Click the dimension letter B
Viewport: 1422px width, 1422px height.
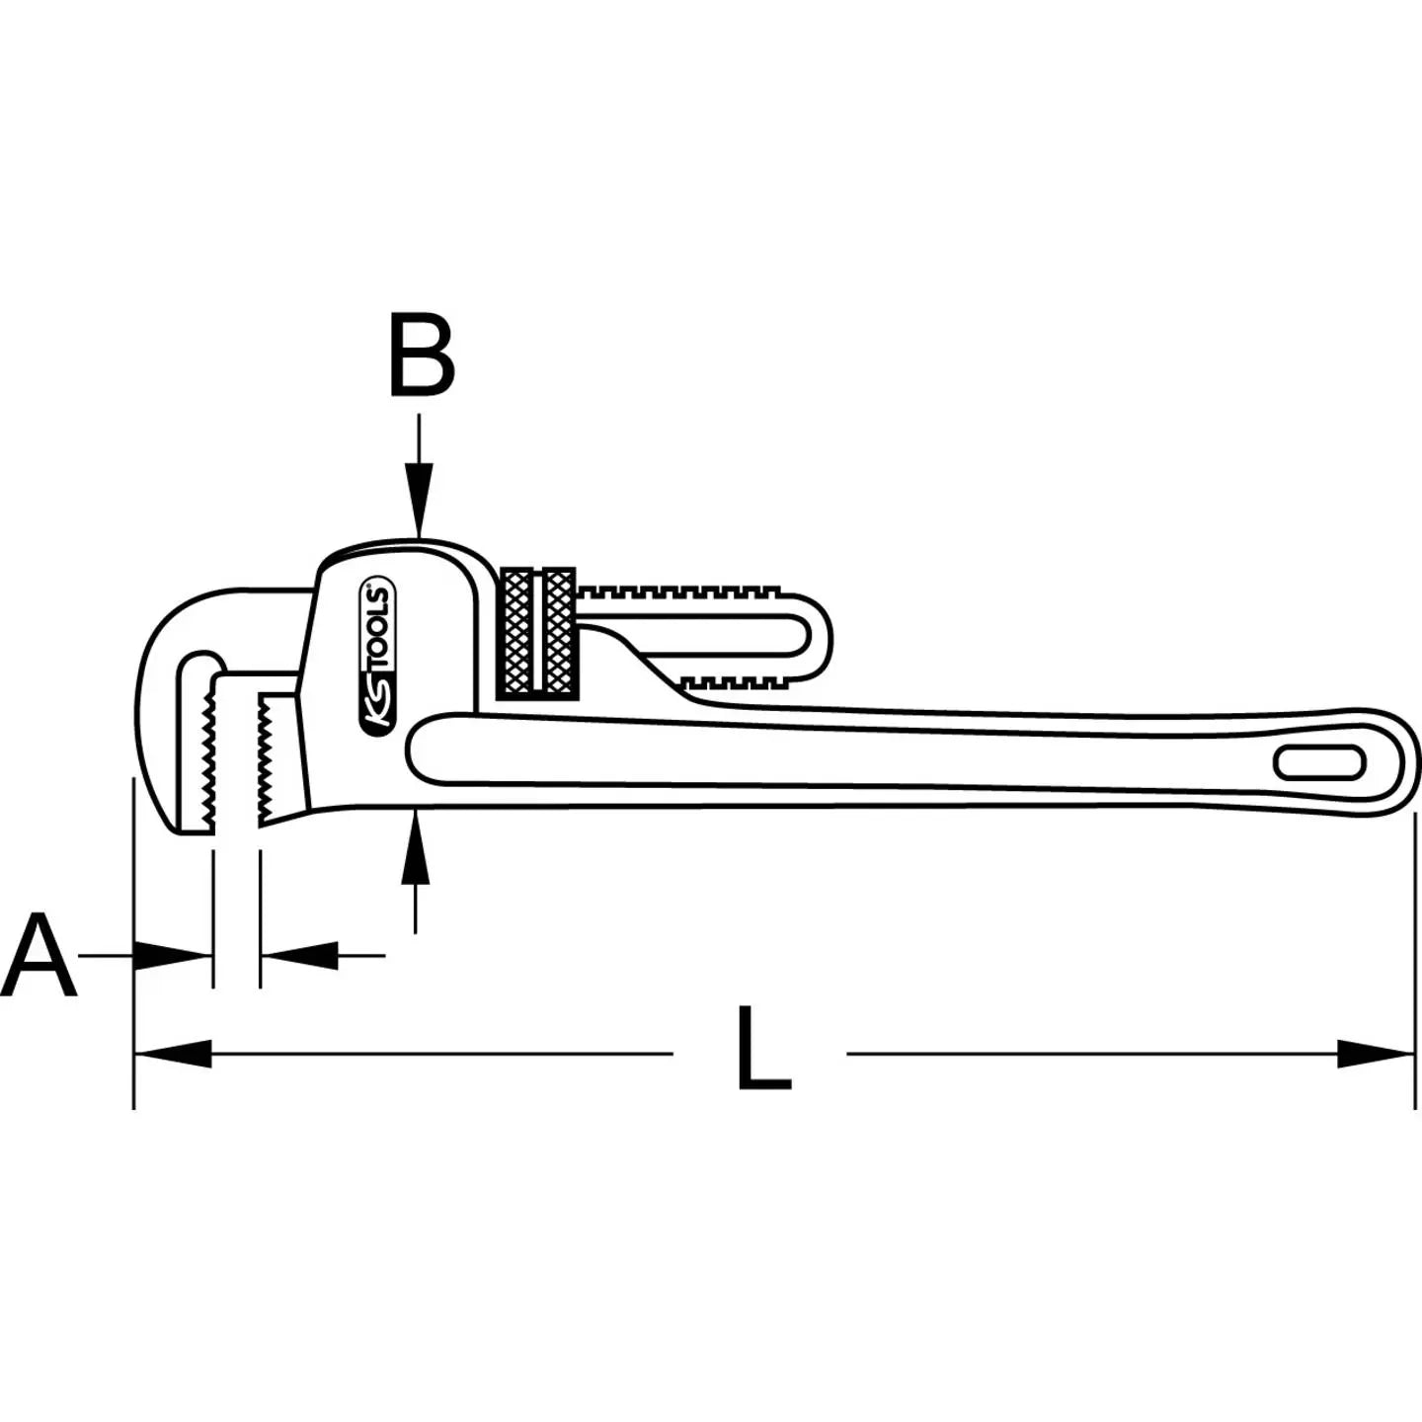[x=423, y=355]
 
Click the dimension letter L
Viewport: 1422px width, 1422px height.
[x=762, y=1049]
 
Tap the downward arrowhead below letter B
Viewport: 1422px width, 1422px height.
[x=420, y=509]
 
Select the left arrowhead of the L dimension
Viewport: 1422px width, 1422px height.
[x=173, y=1054]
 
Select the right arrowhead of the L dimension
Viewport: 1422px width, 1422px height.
[x=1376, y=1054]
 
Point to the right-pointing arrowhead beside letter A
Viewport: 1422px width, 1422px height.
[x=173, y=955]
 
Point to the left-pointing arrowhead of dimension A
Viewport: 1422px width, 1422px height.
[x=299, y=955]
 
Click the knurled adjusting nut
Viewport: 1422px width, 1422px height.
[x=538, y=633]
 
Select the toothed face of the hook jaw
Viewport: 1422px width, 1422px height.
[x=208, y=755]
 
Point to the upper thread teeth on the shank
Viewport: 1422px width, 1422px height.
[x=681, y=592]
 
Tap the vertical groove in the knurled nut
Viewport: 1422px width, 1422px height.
[x=538, y=633]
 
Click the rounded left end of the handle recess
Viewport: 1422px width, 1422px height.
[x=420, y=750]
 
